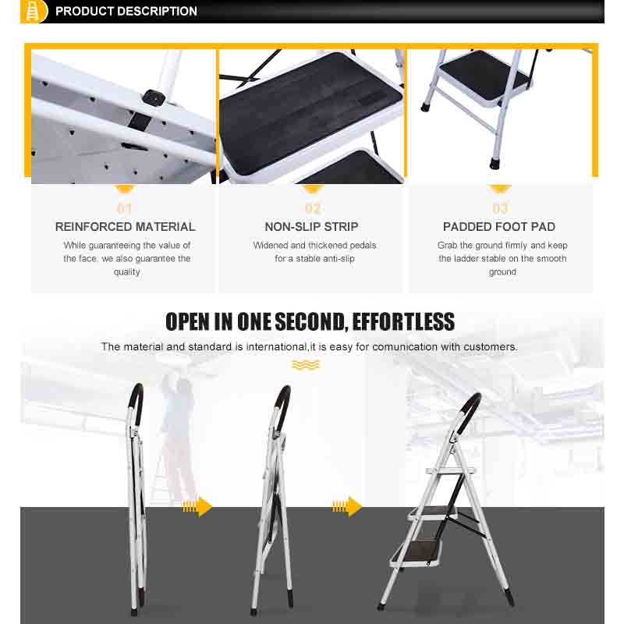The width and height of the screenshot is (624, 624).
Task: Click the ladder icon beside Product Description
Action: pyautogui.click(x=32, y=11)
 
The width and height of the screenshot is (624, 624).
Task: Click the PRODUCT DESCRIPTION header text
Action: pyautogui.click(x=126, y=12)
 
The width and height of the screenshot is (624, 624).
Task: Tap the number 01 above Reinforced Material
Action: pyautogui.click(x=125, y=208)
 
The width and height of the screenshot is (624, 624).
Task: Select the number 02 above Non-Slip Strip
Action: pyautogui.click(x=313, y=208)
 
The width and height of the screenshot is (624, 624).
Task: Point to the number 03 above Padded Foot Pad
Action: pyautogui.click(x=500, y=208)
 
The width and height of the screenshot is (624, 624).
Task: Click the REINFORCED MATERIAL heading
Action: pyautogui.click(x=125, y=227)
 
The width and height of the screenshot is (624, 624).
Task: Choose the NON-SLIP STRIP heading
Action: pyautogui.click(x=311, y=227)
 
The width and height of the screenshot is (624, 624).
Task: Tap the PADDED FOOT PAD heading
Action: pyautogui.click(x=499, y=227)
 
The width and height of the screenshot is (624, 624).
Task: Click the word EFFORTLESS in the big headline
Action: pyautogui.click(x=403, y=321)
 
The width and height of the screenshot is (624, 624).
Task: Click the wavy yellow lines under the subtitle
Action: pyautogui.click(x=306, y=365)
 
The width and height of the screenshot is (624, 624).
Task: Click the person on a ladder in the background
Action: pyautogui.click(x=178, y=437)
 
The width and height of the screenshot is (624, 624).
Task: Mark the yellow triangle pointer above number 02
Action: pyautogui.click(x=313, y=190)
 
